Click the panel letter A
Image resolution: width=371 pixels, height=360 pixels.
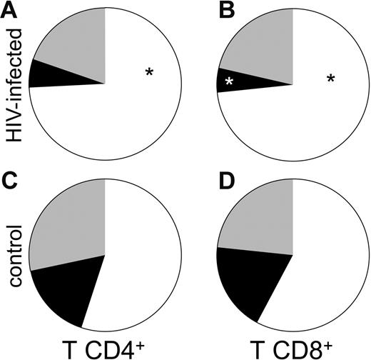click(10, 11)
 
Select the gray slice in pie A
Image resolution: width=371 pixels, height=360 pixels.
click(75, 43)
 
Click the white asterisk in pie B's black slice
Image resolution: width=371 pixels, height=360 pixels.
click(230, 84)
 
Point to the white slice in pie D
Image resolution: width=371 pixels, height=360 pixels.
click(328, 264)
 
